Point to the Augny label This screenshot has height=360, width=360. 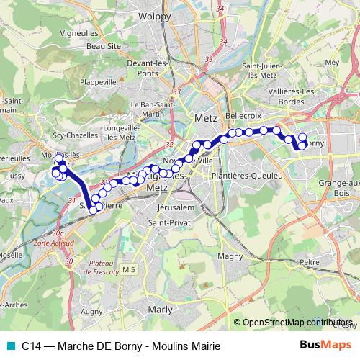tap(92, 312)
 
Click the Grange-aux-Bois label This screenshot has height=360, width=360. tap(336, 188)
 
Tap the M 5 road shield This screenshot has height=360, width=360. tap(129, 269)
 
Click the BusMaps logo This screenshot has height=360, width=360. tap(325, 345)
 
